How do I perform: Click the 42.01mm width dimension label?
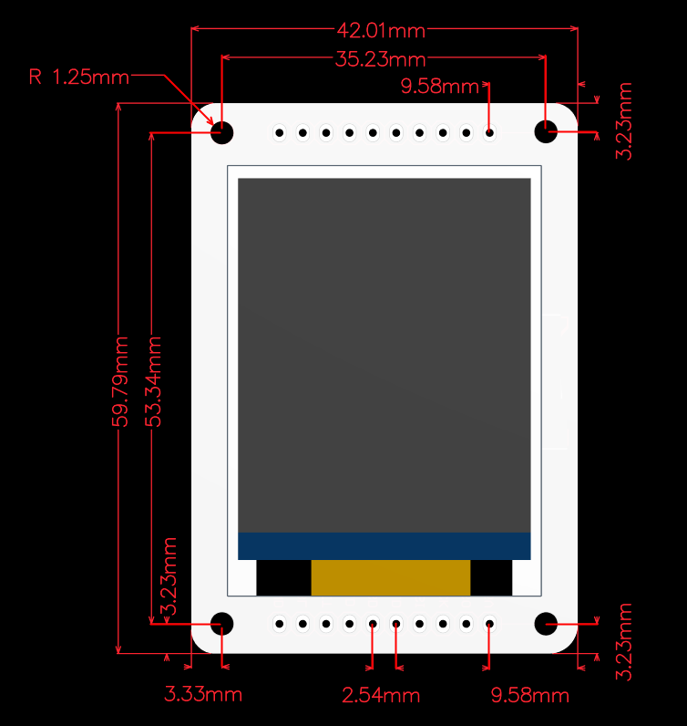pos(381,30)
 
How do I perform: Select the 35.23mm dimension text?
pos(381,60)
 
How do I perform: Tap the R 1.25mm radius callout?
pos(79,77)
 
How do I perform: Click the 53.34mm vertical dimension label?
pos(153,381)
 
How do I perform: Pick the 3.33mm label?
pos(203,694)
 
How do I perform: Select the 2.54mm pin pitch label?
pos(381,696)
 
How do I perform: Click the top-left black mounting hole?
pos(222,132)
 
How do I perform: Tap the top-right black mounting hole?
pos(546,132)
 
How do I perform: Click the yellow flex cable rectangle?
pos(390,577)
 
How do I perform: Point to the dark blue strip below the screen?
pos(384,545)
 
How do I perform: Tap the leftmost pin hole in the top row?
pos(280,133)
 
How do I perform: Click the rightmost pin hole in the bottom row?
pos(489,625)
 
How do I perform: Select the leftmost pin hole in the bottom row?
pos(280,625)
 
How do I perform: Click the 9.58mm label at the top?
pos(440,87)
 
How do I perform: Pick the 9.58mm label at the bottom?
pos(529,696)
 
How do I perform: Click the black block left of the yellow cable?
pos(283,577)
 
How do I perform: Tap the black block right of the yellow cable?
pos(490,577)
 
